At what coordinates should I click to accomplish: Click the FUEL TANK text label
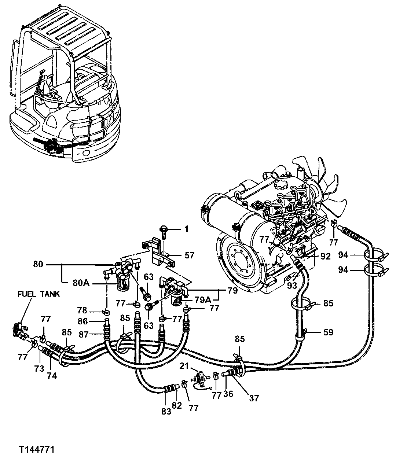pyautogui.click(x=38, y=294)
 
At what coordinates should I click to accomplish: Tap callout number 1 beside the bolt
pyautogui.click(x=186, y=229)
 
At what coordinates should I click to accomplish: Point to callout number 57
pyautogui.click(x=190, y=255)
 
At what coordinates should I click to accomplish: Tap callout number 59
pyautogui.click(x=328, y=332)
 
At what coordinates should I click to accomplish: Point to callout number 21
pyautogui.click(x=184, y=366)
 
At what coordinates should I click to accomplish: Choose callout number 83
pyautogui.click(x=166, y=411)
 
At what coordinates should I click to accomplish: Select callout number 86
pyautogui.click(x=82, y=322)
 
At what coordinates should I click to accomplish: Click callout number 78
pyautogui.click(x=82, y=311)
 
